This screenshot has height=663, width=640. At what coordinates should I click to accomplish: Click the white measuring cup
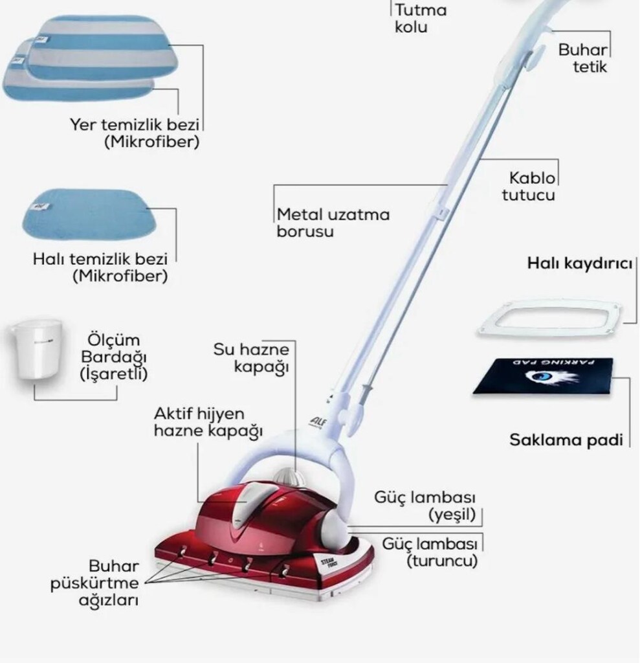tap(37, 349)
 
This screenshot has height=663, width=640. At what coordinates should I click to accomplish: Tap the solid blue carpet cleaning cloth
tap(89, 213)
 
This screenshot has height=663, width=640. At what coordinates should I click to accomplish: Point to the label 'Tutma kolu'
tap(420, 18)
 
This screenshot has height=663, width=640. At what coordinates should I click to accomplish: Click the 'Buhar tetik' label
tap(582, 58)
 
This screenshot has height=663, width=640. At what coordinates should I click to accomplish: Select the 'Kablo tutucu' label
tap(529, 186)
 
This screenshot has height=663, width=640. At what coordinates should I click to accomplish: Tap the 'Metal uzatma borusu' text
tap(333, 223)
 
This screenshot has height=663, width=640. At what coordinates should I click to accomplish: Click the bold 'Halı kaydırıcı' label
tap(580, 264)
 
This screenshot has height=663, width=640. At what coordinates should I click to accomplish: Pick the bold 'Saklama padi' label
tap(566, 440)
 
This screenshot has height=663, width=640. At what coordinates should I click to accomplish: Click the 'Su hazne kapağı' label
tap(251, 357)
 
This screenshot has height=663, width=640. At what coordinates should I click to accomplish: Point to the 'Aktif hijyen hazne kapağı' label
tap(208, 422)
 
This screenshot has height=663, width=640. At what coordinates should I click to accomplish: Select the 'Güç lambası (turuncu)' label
tap(430, 552)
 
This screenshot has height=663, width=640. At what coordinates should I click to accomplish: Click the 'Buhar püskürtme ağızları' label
tap(94, 583)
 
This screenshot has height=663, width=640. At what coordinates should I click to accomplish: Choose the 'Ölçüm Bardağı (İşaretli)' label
tap(114, 357)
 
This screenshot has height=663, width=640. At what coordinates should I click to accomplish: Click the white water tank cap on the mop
tap(289, 477)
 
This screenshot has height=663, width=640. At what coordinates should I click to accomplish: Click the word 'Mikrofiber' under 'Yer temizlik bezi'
tap(152, 142)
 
